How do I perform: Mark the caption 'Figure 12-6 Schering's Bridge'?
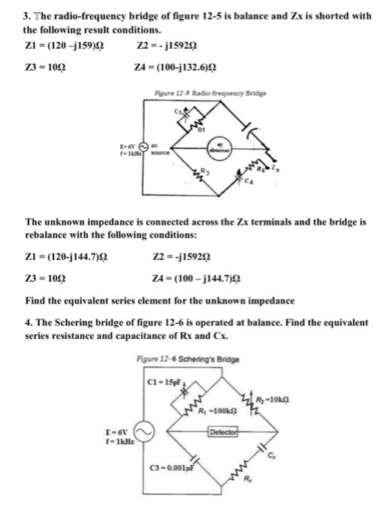(188, 359)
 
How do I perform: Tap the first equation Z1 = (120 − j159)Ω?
(67, 48)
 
